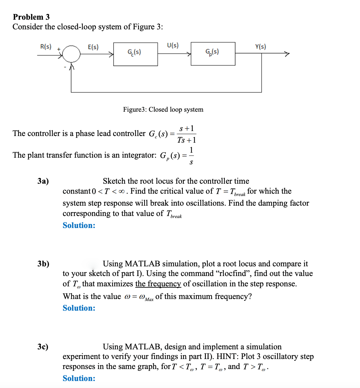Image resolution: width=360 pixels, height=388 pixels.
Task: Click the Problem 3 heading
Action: click(31, 17)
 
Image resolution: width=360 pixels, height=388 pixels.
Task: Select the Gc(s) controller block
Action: click(135, 54)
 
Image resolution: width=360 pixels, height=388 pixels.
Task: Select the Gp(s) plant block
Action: click(213, 53)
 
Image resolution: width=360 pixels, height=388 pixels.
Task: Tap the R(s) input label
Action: click(46, 46)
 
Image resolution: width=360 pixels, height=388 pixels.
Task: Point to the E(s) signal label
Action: click(93, 47)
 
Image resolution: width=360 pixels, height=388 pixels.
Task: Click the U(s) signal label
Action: click(172, 45)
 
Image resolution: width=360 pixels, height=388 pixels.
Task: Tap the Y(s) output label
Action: click(260, 47)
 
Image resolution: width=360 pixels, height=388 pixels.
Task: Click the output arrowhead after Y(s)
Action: click(287, 54)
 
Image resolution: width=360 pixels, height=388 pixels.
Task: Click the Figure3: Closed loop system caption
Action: click(163, 109)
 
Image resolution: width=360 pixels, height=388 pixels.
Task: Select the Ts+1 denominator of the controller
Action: click(186, 140)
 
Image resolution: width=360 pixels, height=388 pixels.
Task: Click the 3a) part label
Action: click(43, 181)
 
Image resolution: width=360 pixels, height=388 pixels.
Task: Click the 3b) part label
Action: click(43, 264)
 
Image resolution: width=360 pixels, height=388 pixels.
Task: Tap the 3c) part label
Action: click(43, 347)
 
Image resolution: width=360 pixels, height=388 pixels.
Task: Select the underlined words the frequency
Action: click(158, 284)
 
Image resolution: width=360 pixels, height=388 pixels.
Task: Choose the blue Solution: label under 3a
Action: click(79, 225)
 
